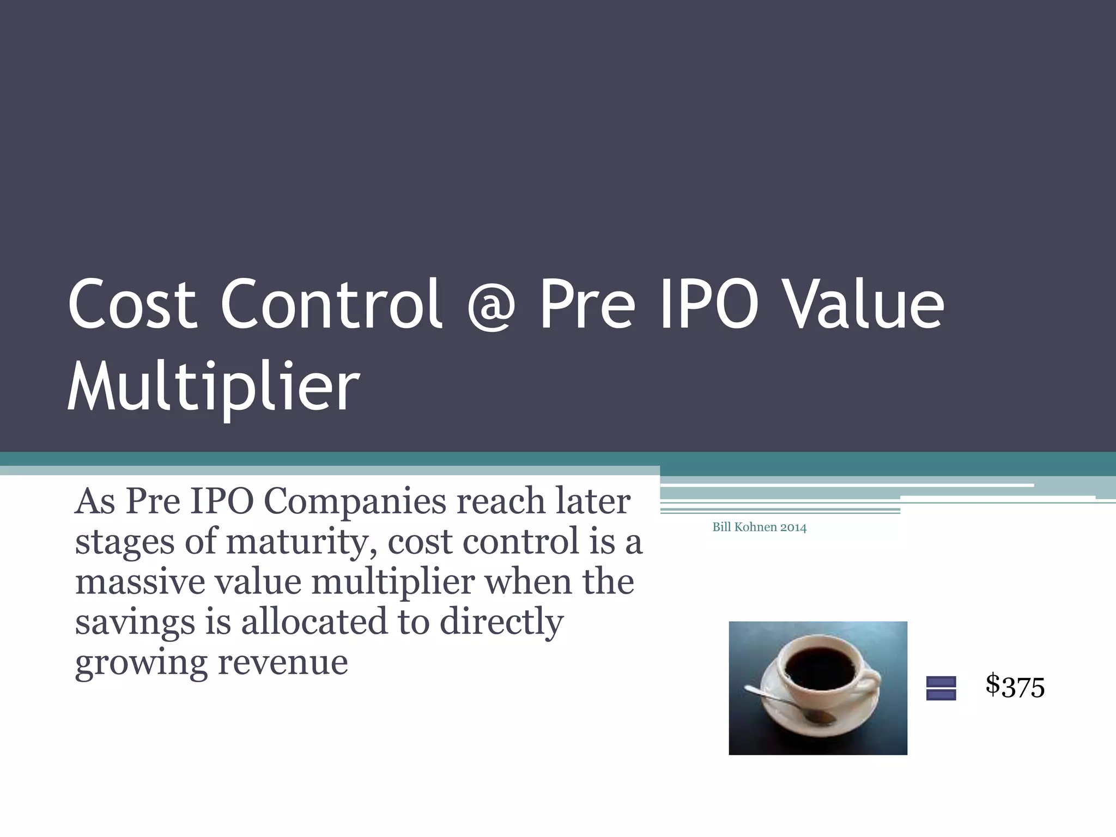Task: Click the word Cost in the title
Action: [132, 304]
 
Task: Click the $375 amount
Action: [1015, 686]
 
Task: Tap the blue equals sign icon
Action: [941, 688]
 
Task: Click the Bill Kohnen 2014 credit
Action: [759, 527]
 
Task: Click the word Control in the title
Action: [331, 304]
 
